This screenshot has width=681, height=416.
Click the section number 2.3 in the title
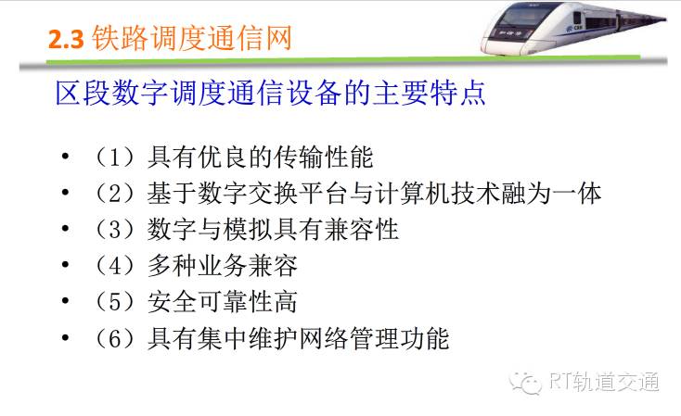[66, 39]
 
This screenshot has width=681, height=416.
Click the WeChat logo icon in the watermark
[526, 382]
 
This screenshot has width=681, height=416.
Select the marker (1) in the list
[115, 157]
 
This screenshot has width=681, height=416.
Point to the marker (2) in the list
[115, 193]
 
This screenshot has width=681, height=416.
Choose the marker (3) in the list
[115, 230]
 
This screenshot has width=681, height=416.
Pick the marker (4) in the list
[115, 266]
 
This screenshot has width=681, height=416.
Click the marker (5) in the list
[115, 301]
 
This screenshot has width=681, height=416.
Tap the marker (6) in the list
[115, 338]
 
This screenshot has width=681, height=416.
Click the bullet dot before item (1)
[65, 156]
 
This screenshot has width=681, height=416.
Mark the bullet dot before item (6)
[65, 337]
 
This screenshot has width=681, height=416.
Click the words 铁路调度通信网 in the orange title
[191, 38]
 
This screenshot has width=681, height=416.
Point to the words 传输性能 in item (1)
[323, 157]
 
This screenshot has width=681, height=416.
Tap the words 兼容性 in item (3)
[361, 230]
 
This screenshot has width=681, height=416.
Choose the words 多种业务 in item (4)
[198, 266]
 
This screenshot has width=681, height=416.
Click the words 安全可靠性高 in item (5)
[223, 301]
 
